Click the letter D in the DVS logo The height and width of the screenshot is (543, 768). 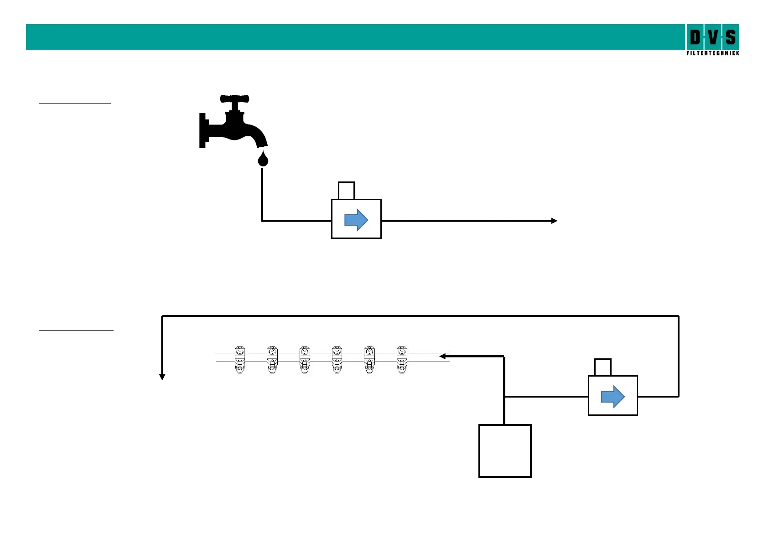pos(695,37)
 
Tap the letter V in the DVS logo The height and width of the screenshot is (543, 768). pos(713,37)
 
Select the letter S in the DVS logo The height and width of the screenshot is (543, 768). pos(731,37)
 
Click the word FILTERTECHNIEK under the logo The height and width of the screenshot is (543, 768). pos(712,53)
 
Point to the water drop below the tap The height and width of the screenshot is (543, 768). pos(263,160)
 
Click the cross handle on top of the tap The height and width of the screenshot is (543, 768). pos(234,98)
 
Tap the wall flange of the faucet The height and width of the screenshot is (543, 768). pos(202,130)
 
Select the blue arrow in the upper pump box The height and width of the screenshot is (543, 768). pos(356,220)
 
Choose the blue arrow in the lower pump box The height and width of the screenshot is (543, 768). pos(613,396)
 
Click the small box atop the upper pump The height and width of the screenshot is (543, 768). pos(346,191)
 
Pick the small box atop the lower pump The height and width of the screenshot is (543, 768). pos(603,367)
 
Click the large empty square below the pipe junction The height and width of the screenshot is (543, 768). pos(505,451)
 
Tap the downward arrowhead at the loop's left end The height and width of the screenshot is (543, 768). pos(162,377)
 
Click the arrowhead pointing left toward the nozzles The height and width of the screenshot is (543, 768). pos(442,356)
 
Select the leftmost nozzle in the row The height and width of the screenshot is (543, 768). pos(239,360)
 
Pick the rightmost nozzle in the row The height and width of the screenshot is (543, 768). pos(402,360)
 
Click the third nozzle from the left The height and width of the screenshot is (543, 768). pos(305,360)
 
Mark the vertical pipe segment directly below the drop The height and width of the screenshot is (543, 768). pos(262,194)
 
